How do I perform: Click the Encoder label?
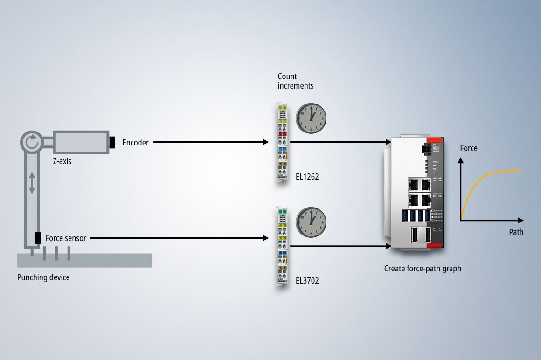pyautogui.click(x=135, y=143)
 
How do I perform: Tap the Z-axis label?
pyautogui.click(x=62, y=161)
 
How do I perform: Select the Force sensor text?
pyautogui.click(x=66, y=238)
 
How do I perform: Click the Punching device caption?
pyautogui.click(x=43, y=277)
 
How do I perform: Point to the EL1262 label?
pyautogui.click(x=307, y=177)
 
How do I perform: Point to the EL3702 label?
pyautogui.click(x=307, y=281)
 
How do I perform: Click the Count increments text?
pyautogui.click(x=296, y=81)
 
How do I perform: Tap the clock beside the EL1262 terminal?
pyautogui.click(x=311, y=118)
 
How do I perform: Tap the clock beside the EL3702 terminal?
pyautogui.click(x=311, y=222)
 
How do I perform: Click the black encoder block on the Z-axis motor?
pyautogui.click(x=112, y=142)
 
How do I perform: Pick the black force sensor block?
pyautogui.click(x=38, y=238)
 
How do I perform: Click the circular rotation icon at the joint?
pyautogui.click(x=31, y=142)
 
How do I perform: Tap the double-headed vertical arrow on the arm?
pyautogui.click(x=32, y=182)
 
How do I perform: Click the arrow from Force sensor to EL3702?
pyautogui.click(x=179, y=238)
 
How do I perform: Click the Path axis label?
pyautogui.click(x=516, y=232)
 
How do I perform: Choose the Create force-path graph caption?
pyautogui.click(x=423, y=269)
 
